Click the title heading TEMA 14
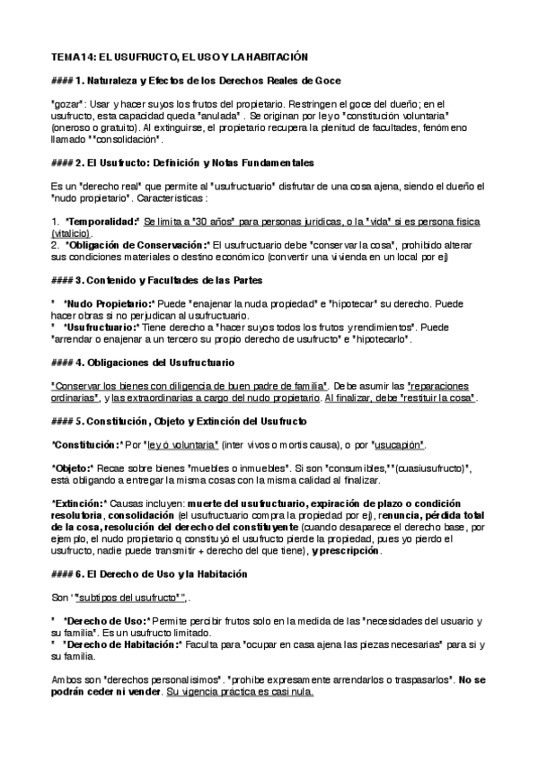(180, 56)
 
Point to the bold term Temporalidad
(102, 221)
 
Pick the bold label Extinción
(80, 503)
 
